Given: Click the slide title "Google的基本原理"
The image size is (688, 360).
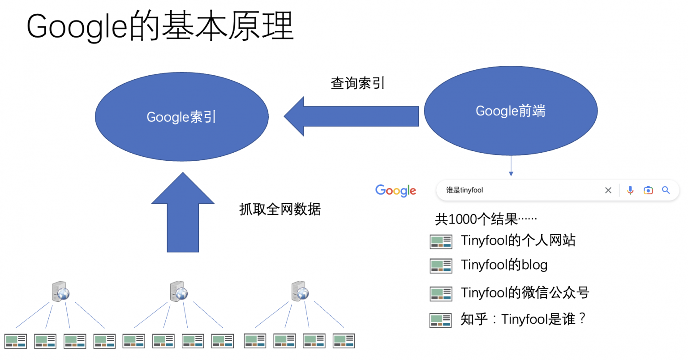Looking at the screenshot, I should pyautogui.click(x=160, y=26).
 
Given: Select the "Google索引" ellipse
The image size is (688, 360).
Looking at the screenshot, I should pyautogui.click(x=181, y=117).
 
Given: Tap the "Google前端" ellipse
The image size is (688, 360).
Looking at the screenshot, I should pyautogui.click(x=510, y=111).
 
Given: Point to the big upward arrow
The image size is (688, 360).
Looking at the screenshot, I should pyautogui.click(x=183, y=213).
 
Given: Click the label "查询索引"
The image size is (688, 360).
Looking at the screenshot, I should pyautogui.click(x=357, y=83).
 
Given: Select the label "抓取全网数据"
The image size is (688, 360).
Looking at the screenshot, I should pyautogui.click(x=280, y=209).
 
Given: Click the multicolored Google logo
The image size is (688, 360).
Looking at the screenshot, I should pyautogui.click(x=396, y=190).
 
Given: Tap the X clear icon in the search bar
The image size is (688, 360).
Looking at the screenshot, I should pyautogui.click(x=608, y=190).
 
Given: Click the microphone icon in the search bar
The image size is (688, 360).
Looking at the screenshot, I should pyautogui.click(x=630, y=190).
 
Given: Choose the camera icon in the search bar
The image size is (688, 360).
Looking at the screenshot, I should pyautogui.click(x=648, y=190).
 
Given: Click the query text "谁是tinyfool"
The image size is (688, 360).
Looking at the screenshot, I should pyautogui.click(x=464, y=190).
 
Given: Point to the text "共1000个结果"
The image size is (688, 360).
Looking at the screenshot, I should pyautogui.click(x=486, y=219).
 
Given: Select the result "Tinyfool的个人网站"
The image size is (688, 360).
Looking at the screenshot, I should pyautogui.click(x=518, y=240).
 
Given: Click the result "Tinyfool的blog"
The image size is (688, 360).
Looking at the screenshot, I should pyautogui.click(x=504, y=265).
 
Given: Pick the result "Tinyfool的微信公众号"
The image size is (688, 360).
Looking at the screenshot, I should pyautogui.click(x=525, y=293).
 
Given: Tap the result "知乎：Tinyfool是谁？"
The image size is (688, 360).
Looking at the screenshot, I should pyautogui.click(x=523, y=319).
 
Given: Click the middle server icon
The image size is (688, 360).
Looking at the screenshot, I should pyautogui.click(x=179, y=291).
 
